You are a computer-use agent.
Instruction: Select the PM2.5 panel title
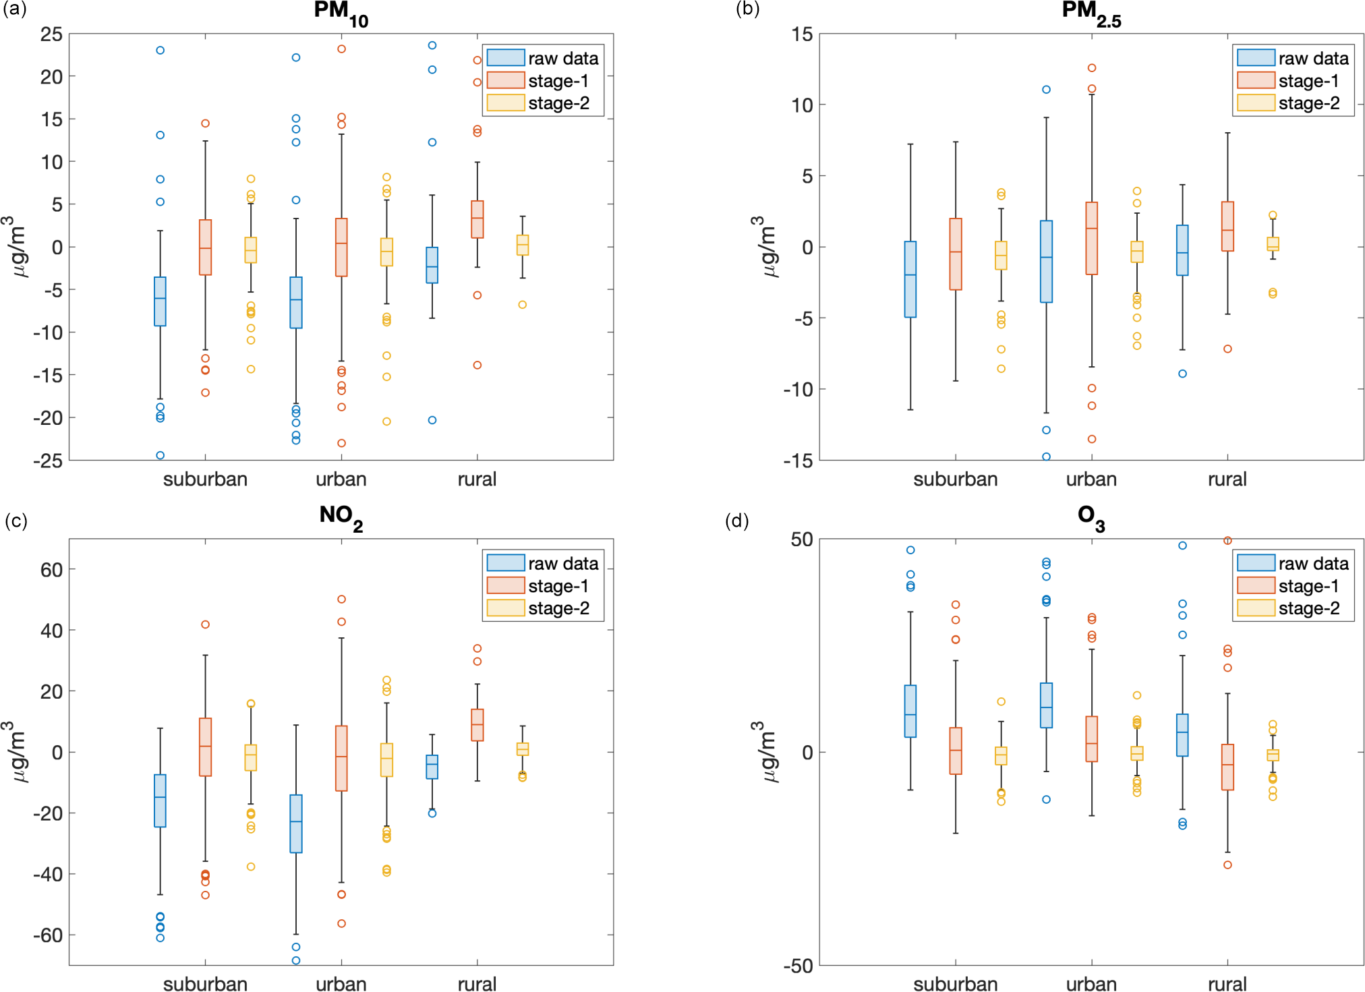pyautogui.click(x=1091, y=12)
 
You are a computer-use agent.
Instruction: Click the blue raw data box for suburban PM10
pyautogui.click(x=160, y=301)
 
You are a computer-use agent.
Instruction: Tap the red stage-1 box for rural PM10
pyautogui.click(x=477, y=219)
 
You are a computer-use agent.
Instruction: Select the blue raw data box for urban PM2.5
pyautogui.click(x=1046, y=262)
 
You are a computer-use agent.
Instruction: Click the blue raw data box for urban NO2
pyautogui.click(x=295, y=823)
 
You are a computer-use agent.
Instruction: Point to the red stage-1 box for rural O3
pyautogui.click(x=1227, y=767)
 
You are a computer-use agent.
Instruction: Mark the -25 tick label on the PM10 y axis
pyautogui.click(x=49, y=461)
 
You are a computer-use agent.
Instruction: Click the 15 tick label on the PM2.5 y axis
pyautogui.click(x=802, y=34)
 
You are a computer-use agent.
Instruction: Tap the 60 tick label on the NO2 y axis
pyautogui.click(x=51, y=570)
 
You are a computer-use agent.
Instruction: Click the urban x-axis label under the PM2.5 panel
pyautogui.click(x=1091, y=479)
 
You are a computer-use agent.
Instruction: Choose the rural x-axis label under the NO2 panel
pyautogui.click(x=477, y=984)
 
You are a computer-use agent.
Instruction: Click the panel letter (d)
pyautogui.click(x=736, y=521)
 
